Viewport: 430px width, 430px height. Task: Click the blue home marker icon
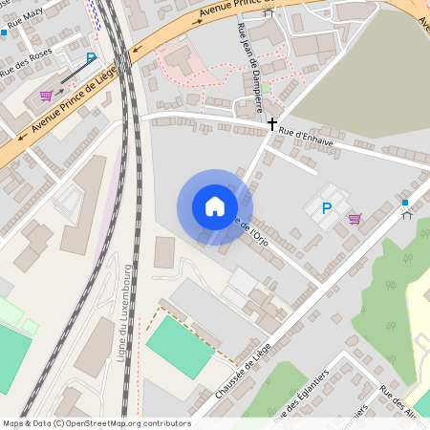215,206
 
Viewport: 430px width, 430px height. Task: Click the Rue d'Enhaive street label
306,137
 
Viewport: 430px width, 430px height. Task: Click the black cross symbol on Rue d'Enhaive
272,123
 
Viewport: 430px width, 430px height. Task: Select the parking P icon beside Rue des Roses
92,57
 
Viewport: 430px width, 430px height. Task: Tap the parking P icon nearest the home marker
326,208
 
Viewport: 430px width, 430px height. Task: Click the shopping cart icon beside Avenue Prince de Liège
46,95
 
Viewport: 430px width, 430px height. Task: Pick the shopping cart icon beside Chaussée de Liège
355,219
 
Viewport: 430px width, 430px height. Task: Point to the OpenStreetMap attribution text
97,422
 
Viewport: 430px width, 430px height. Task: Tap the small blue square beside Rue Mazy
4,32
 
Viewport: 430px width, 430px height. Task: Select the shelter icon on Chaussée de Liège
405,214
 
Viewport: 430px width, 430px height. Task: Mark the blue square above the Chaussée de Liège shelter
405,203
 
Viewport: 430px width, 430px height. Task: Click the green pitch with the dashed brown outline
179,347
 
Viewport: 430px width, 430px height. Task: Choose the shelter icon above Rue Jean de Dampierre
268,12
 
